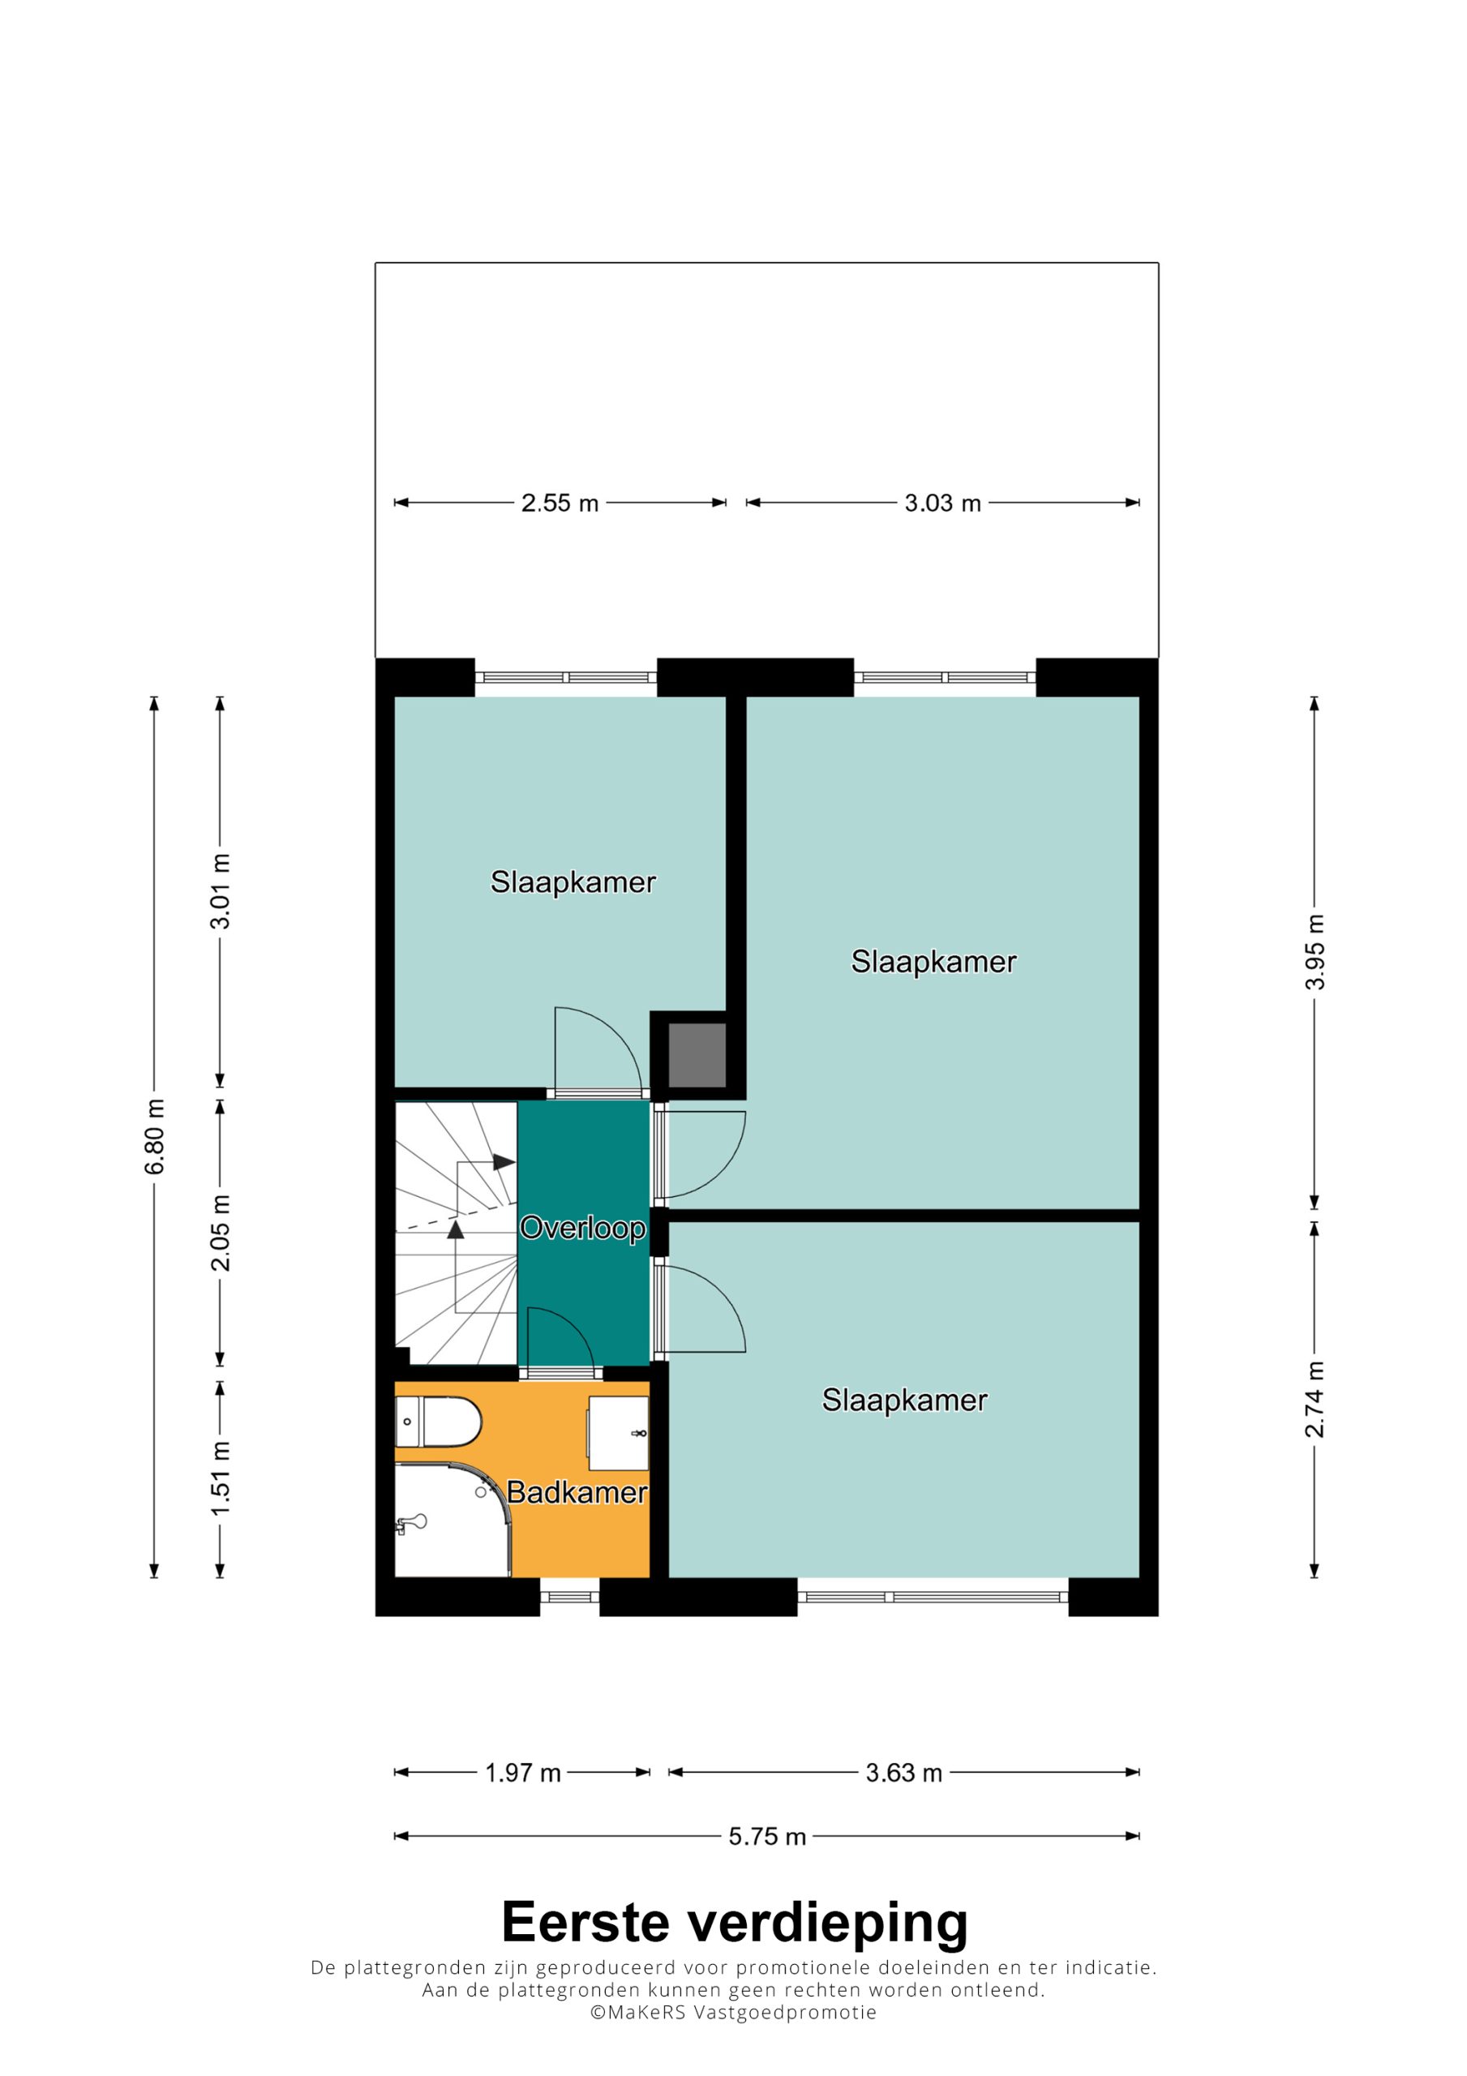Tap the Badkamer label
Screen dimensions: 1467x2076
pos(577,1492)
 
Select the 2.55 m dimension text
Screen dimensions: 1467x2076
pos(560,503)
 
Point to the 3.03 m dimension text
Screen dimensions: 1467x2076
pos(942,503)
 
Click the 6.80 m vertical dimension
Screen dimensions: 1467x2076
pos(155,1137)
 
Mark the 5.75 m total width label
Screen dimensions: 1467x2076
pos(767,1837)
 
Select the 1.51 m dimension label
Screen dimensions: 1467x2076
pos(221,1478)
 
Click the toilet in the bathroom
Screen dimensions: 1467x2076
pos(438,1422)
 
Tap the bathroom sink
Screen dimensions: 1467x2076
pos(619,1433)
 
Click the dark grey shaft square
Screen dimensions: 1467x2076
pos(697,1055)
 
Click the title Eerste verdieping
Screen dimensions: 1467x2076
pos(735,1920)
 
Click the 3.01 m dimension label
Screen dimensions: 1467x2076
pos(221,890)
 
